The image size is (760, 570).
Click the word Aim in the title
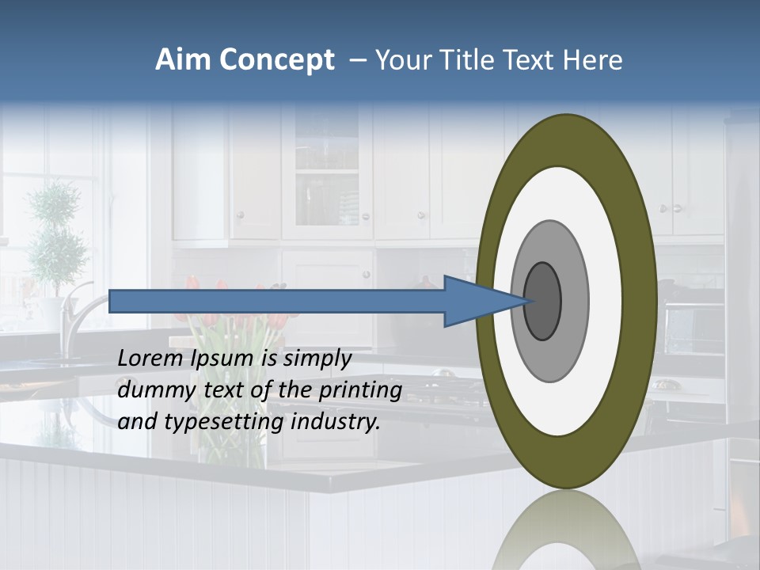184,60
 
